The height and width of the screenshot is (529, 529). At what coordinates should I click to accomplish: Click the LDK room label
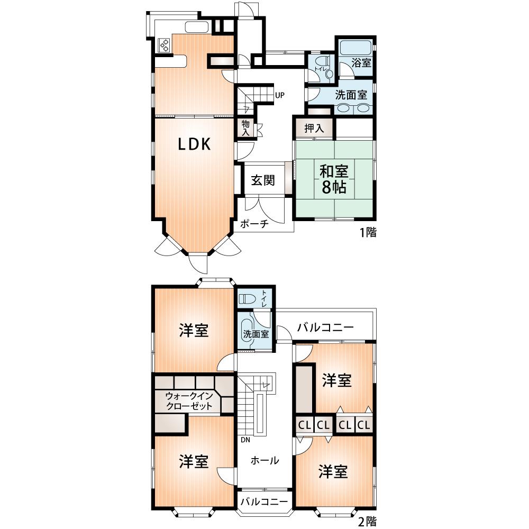coord(194,144)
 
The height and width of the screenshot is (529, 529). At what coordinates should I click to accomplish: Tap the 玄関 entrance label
coord(262,180)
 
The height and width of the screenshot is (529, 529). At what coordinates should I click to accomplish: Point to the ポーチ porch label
coord(254,223)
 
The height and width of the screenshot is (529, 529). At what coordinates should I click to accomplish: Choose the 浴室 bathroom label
coord(361,63)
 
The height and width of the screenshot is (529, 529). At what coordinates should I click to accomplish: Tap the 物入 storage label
coord(245,127)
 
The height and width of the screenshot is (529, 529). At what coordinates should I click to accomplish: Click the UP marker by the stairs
coord(280,96)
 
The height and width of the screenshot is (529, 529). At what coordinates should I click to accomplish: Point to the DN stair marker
coord(245,439)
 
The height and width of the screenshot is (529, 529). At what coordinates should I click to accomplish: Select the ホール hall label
coord(264,460)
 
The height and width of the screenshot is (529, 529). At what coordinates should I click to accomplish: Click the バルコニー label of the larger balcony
coord(325,327)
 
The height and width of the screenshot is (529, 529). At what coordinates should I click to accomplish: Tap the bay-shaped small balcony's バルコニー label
coord(264,501)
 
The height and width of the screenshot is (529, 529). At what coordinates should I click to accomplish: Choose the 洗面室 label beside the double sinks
coord(351,95)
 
